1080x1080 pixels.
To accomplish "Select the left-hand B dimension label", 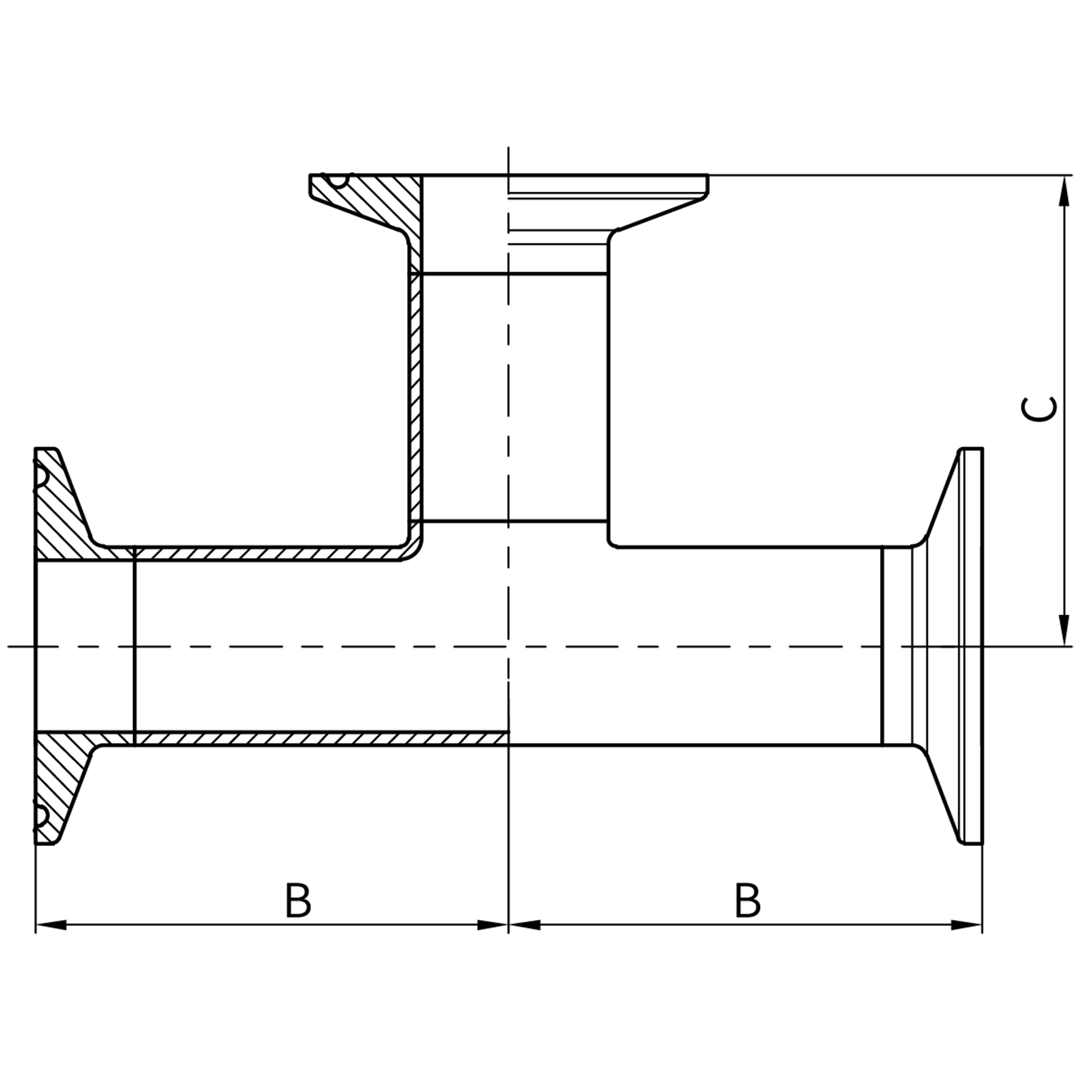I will (x=298, y=901).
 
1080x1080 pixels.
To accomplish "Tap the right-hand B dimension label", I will (x=747, y=901).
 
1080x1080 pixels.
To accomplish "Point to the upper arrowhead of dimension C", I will (x=1064, y=190).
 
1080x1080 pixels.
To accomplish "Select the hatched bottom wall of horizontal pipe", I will (x=321, y=738).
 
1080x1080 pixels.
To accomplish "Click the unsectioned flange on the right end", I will (x=961, y=646).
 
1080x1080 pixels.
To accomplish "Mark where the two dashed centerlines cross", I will (x=508, y=646).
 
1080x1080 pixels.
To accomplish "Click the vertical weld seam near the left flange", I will (x=134, y=646).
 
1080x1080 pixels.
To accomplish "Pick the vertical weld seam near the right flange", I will (x=883, y=646).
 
